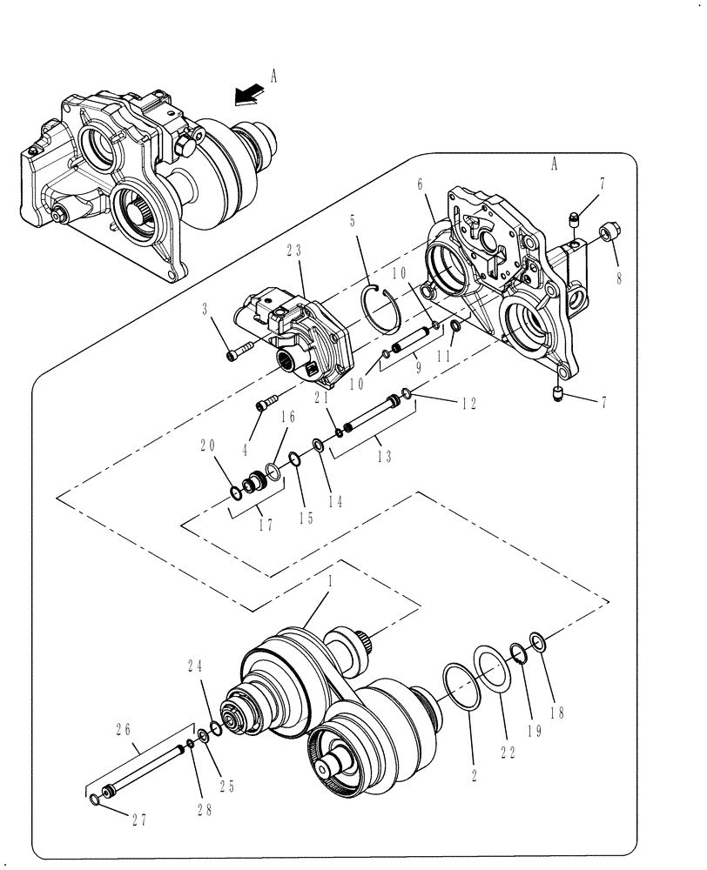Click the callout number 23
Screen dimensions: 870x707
293,249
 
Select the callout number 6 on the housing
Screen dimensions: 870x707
420,184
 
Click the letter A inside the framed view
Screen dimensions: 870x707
555,162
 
